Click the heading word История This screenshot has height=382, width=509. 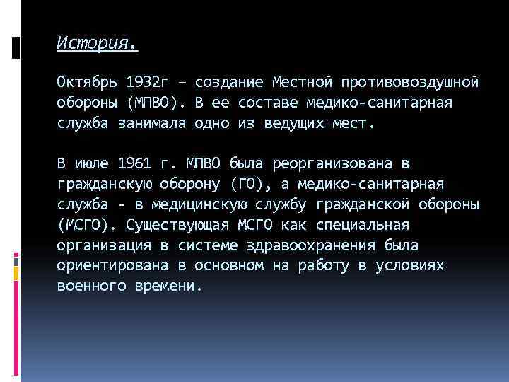[97, 43]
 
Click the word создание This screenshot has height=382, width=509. [229, 82]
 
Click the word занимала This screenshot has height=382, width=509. [148, 123]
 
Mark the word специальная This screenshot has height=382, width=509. [367, 226]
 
